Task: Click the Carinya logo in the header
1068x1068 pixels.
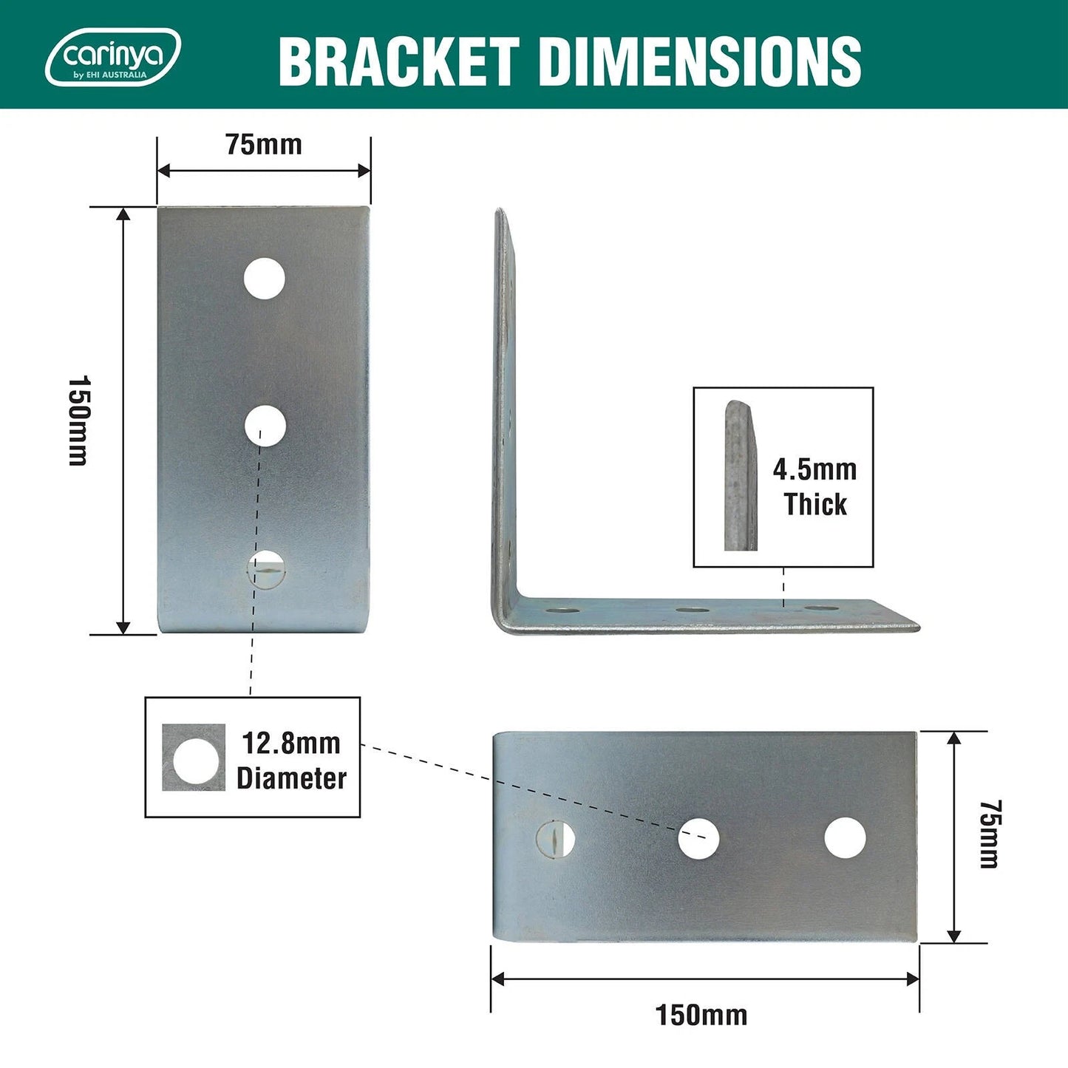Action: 112,57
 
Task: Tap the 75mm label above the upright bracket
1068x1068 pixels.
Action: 264,145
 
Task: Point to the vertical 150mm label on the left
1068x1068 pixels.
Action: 78,421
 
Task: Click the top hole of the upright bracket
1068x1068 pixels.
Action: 265,278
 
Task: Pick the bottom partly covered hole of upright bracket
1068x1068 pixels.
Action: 265,569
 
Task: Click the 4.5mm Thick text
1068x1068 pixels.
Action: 814,487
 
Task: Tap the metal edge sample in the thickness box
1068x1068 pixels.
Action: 740,477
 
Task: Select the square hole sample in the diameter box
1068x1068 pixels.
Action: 194,758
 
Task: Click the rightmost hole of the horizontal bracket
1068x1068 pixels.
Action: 845,838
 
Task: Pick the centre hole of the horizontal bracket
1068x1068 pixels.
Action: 698,838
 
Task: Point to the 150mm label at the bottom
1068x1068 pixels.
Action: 701,1015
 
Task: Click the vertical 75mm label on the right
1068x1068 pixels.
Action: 990,834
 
